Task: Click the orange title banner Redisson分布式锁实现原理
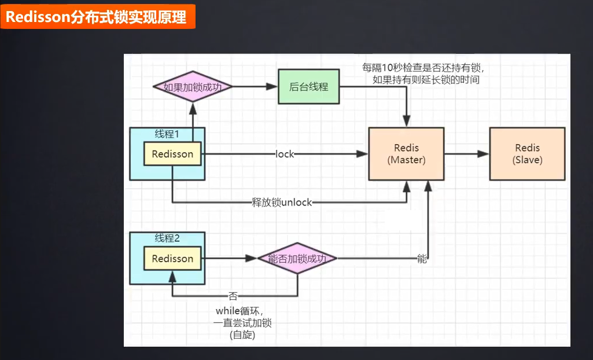point(97,17)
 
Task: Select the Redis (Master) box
point(406,153)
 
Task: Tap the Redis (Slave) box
point(527,153)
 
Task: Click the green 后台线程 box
point(308,87)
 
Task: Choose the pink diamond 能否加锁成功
point(297,259)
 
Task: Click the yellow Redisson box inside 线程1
point(172,154)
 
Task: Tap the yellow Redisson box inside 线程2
point(172,259)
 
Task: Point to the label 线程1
point(167,134)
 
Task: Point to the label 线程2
point(167,238)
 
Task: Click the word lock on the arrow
point(285,154)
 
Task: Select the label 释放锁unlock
point(282,203)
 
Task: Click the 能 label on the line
point(422,259)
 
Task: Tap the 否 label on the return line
point(233,296)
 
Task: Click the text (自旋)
point(242,335)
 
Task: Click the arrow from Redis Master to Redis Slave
point(466,154)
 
